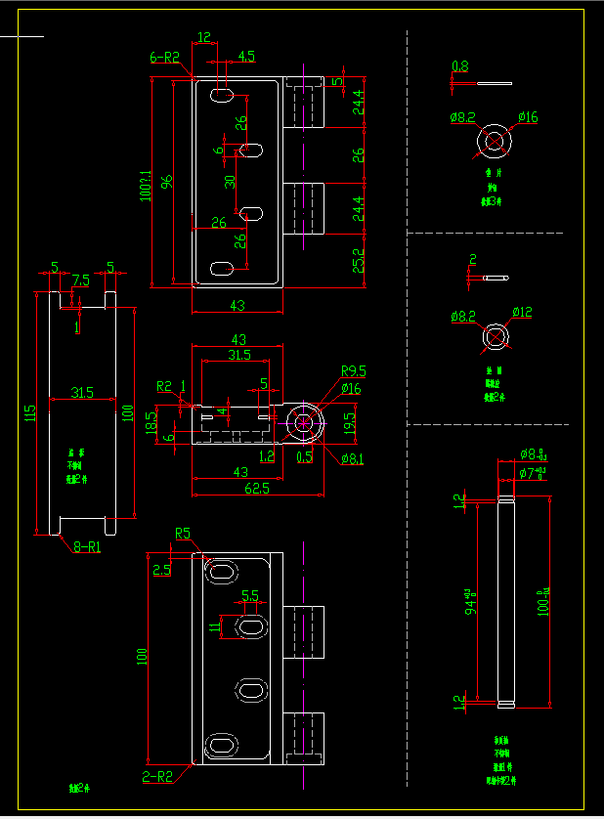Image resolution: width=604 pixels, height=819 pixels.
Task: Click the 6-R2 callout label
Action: click(165, 58)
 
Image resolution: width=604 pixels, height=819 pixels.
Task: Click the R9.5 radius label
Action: click(353, 370)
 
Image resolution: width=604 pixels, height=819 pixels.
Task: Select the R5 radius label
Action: click(183, 534)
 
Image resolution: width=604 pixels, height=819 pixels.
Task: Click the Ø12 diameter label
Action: click(519, 313)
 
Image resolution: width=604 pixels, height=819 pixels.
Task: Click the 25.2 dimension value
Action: click(359, 260)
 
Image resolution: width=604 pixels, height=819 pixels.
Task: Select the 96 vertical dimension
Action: click(167, 182)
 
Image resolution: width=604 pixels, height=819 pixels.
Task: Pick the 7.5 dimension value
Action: click(80, 280)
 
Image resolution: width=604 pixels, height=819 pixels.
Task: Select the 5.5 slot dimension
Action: click(249, 595)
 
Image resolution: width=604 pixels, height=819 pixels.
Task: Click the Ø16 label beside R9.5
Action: click(350, 389)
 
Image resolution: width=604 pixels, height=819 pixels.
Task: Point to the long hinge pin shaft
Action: click(505, 601)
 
